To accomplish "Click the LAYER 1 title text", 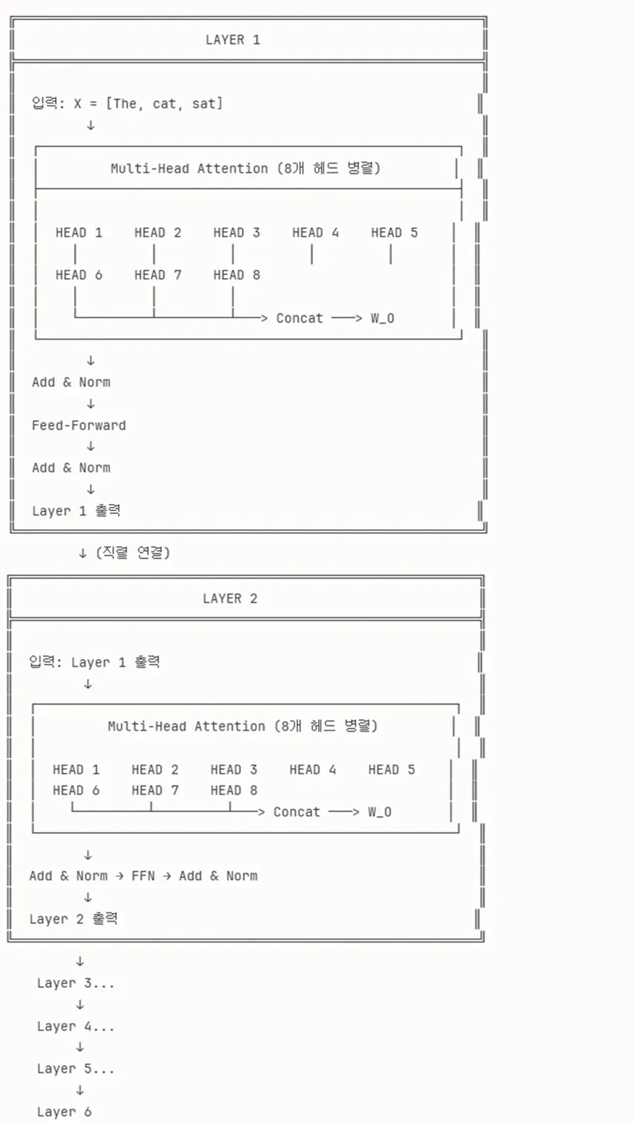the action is click(x=233, y=40).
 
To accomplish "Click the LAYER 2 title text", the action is click(x=230, y=599).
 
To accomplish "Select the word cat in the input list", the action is click(x=164, y=104).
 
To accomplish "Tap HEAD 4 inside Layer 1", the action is click(x=316, y=233).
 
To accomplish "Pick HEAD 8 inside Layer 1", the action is click(x=236, y=275).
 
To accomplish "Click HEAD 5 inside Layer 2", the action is click(x=391, y=770).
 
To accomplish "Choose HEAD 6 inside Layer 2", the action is click(x=76, y=791).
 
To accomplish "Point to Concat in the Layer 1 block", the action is click(x=300, y=318).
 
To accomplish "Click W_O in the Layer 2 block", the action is click(x=380, y=812).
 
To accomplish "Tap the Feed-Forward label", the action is click(x=79, y=425).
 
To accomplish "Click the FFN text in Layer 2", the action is click(x=143, y=876).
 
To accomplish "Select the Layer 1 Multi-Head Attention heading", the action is click(x=246, y=168).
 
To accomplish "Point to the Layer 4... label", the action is click(x=75, y=1026).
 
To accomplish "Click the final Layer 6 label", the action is click(x=64, y=1112).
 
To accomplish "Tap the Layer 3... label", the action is click(x=75, y=983).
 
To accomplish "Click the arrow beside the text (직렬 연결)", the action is click(x=82, y=553).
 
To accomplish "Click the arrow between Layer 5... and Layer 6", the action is click(x=79, y=1090).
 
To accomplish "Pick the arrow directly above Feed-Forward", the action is click(x=91, y=404).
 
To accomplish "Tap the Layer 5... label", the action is click(x=75, y=1070).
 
